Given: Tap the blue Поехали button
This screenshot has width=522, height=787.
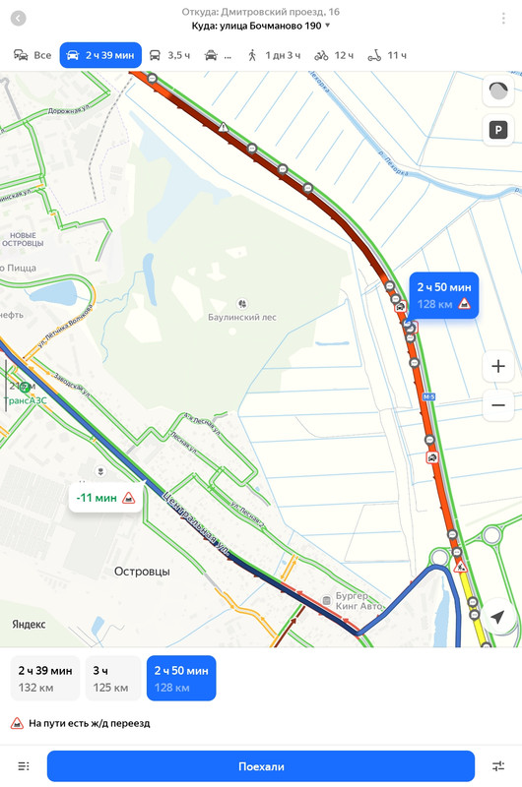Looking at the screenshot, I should (261, 766).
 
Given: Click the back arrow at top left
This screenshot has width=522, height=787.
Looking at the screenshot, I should (19, 19).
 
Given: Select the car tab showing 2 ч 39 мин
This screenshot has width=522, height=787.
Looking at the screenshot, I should (100, 55).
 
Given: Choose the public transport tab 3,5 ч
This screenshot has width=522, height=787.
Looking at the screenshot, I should (169, 55).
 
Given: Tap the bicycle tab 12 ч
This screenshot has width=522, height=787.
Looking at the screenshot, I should (334, 55).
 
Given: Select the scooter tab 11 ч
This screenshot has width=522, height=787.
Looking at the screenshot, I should (387, 55).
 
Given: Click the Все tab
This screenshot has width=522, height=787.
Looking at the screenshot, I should (33, 55).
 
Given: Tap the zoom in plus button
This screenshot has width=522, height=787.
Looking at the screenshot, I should (498, 367).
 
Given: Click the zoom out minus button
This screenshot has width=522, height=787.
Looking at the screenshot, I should (498, 404).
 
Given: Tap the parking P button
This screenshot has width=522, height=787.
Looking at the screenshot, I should (498, 129).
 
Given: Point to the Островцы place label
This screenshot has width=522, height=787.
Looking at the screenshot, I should (142, 571).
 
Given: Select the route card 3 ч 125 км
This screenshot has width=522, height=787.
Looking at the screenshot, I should (112, 678).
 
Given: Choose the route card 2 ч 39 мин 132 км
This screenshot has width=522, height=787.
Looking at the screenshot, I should (45, 678).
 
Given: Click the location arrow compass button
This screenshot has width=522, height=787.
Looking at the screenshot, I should (498, 617).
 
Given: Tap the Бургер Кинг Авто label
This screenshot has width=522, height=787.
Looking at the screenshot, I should (359, 602).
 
